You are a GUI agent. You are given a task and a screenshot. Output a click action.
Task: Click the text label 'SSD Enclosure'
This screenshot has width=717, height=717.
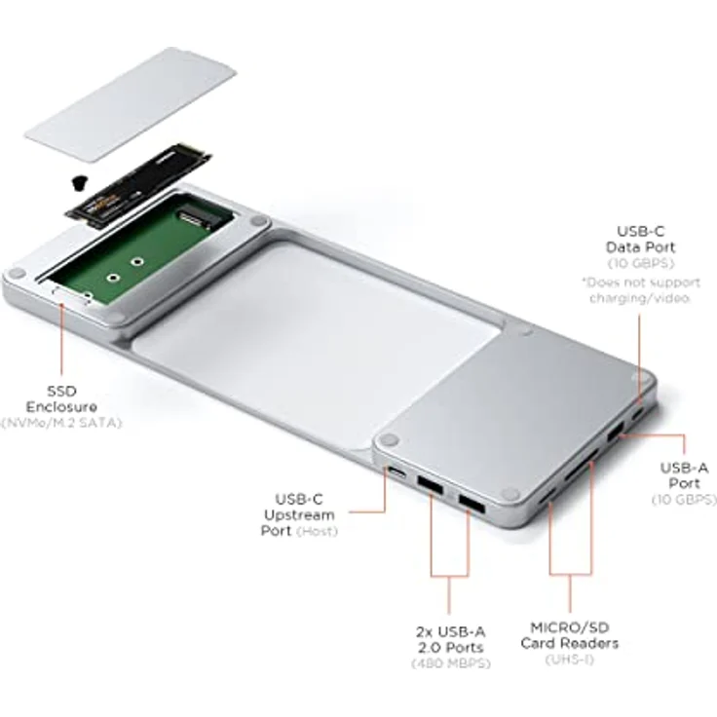tap(61, 398)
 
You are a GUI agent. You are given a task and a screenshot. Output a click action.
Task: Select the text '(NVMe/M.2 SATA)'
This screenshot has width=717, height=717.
tap(61, 423)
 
